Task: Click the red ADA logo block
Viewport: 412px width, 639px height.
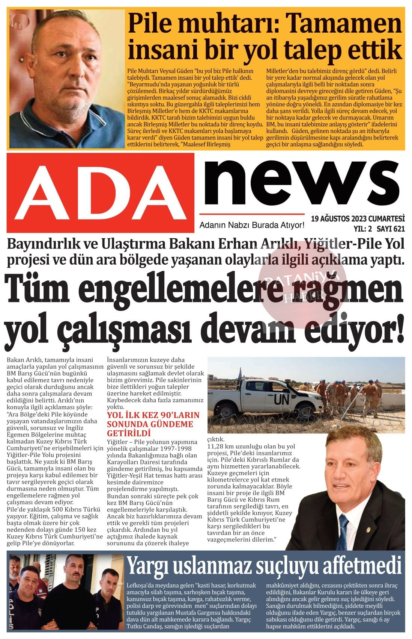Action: click(x=100, y=192)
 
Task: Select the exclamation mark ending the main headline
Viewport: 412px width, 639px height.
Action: click(x=399, y=326)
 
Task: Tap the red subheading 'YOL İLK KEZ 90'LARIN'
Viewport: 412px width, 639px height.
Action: click(x=153, y=416)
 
